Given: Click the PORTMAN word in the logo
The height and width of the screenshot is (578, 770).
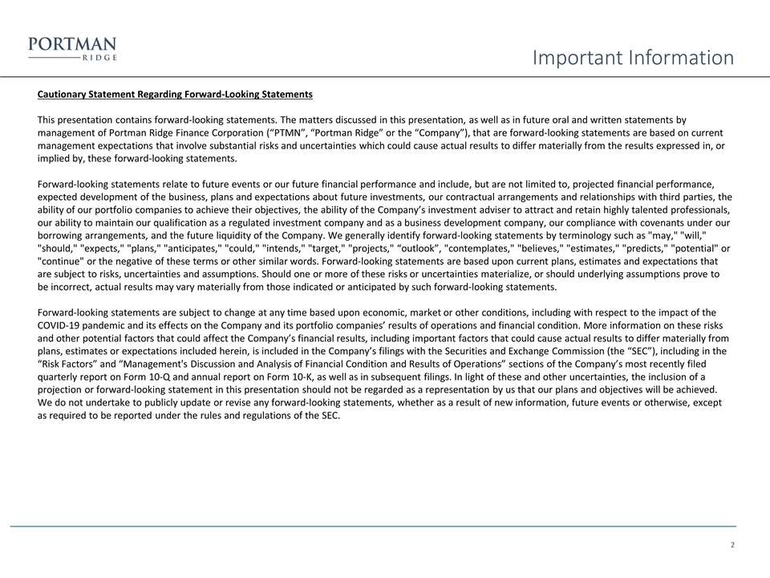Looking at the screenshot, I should coord(72,44).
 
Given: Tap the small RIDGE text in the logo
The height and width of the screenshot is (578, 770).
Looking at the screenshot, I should coord(99,58).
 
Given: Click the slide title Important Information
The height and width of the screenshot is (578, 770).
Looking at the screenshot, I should coord(634,58).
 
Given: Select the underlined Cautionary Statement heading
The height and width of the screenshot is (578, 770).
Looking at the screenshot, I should coord(175,95).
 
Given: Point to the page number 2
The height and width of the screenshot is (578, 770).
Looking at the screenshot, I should coord(733,546).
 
